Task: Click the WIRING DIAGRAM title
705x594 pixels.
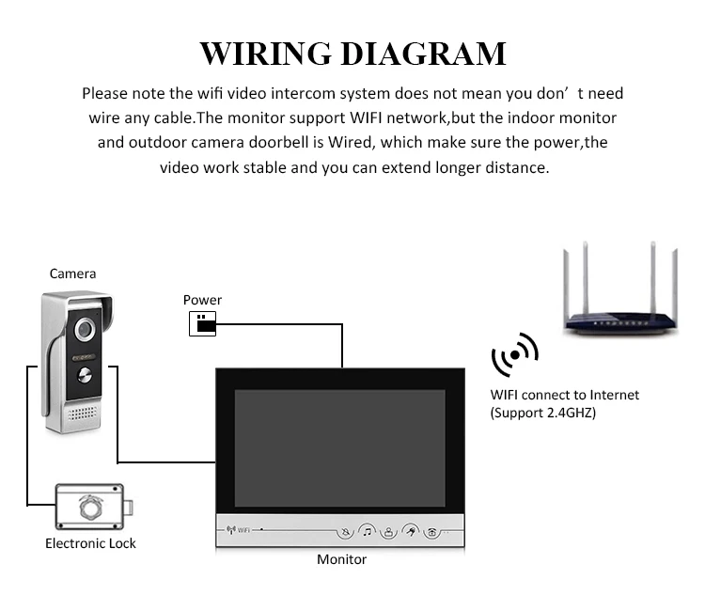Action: click(x=352, y=53)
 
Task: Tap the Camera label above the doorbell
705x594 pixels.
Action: click(x=72, y=274)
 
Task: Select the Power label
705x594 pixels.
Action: click(x=202, y=300)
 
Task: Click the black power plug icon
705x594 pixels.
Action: click(x=203, y=325)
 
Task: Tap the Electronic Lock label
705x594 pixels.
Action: click(x=90, y=543)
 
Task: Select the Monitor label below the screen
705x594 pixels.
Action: click(x=341, y=559)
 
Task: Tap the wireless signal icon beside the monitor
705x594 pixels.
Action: click(x=514, y=356)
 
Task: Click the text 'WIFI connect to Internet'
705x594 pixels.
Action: click(x=564, y=395)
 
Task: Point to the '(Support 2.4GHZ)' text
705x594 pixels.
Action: click(x=542, y=413)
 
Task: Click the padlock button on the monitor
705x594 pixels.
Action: click(x=387, y=532)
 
